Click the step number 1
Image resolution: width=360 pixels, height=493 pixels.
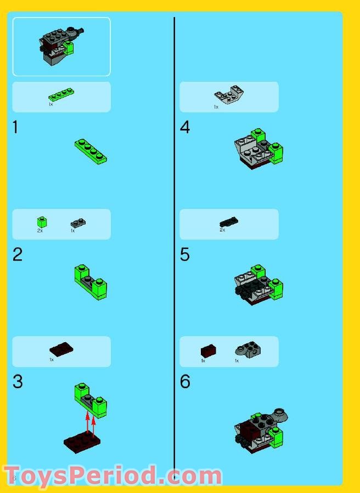(x=15, y=128)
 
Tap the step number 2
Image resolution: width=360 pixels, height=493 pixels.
(x=18, y=255)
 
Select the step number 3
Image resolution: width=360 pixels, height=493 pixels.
(x=18, y=382)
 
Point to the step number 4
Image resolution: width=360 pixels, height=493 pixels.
(x=185, y=128)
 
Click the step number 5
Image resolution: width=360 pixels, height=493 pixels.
(x=185, y=255)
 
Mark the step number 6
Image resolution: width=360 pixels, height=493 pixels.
(x=185, y=382)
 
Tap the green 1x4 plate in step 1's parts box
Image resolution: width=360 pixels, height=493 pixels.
(x=61, y=95)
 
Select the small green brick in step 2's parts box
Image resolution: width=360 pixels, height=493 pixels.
(x=41, y=222)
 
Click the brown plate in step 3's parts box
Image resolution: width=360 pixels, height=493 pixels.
(x=61, y=349)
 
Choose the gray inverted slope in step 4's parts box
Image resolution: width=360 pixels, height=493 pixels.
(x=229, y=95)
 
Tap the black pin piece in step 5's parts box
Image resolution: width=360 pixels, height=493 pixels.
(x=229, y=222)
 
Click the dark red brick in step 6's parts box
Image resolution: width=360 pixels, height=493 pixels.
(x=208, y=350)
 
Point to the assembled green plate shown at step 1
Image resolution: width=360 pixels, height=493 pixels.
(x=91, y=151)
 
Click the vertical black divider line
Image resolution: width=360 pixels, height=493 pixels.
(x=175, y=247)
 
